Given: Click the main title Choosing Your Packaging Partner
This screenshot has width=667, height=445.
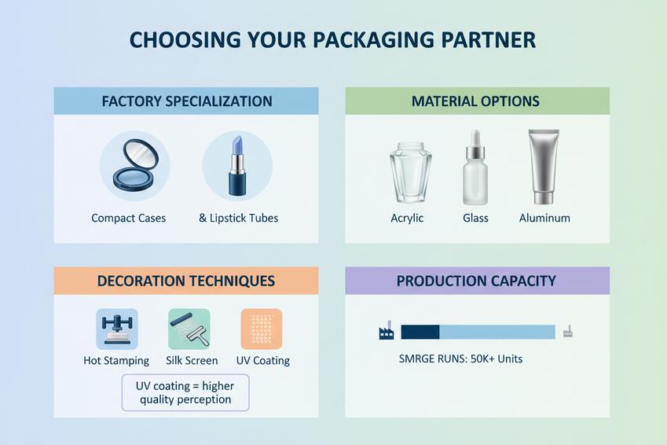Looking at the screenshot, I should tap(333, 40).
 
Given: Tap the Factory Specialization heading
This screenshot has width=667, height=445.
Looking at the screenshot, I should tap(187, 101).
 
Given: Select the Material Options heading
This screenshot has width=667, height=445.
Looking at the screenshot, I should tap(475, 101).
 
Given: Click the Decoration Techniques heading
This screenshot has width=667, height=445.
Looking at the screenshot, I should tap(186, 281).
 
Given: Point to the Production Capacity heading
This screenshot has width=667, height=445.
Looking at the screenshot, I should tap(476, 281).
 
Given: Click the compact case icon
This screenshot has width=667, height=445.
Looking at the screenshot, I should tap(134, 165).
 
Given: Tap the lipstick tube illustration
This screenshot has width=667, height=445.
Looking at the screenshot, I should tap(236, 166).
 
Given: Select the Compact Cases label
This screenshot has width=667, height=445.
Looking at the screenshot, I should tap(129, 218).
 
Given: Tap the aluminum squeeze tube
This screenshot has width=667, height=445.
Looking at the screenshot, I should tap(543, 165).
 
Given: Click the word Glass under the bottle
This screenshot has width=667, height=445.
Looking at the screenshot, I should tap(475, 218).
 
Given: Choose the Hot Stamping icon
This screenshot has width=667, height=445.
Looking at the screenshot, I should tap(116, 329).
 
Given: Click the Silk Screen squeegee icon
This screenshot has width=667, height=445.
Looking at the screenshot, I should tap(189, 329).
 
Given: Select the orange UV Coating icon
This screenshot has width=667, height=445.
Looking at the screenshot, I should tap(262, 329).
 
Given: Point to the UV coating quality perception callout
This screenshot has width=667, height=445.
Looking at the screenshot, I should tap(185, 392).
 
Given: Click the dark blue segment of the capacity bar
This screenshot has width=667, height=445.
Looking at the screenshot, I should tap(420, 332).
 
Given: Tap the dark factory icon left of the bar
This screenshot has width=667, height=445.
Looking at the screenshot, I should tap(386, 332).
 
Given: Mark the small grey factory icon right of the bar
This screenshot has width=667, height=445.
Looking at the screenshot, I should tap(567, 332).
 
